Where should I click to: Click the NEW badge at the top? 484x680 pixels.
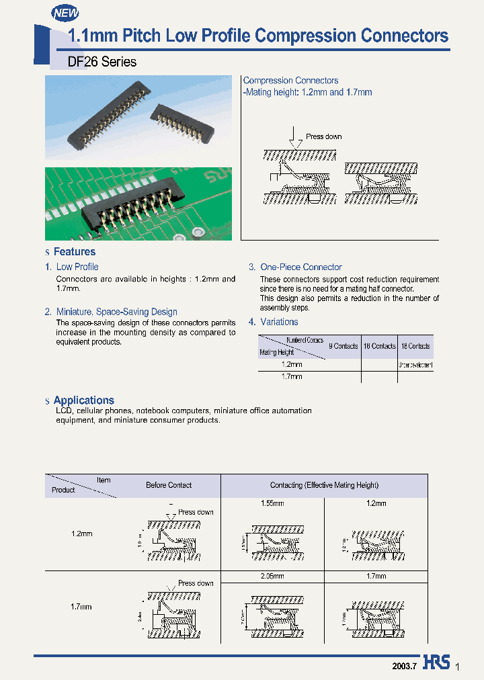65,11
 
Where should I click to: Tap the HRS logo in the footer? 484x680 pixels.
437,663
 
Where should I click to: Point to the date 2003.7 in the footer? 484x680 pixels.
405,665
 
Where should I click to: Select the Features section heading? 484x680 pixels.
74,252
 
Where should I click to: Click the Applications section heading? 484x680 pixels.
83,400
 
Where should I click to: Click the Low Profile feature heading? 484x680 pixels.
77,267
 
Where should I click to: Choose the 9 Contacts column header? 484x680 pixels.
343,346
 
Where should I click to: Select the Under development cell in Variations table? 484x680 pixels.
415,366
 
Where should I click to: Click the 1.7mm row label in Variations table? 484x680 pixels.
291,377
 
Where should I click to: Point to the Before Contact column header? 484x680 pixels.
169,485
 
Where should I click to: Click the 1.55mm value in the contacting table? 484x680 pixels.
272,503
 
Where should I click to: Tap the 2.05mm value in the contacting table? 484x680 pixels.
272,576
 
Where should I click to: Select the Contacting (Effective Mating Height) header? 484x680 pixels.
324,485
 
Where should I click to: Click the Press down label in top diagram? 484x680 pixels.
323,136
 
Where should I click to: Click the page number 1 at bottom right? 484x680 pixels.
458,667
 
